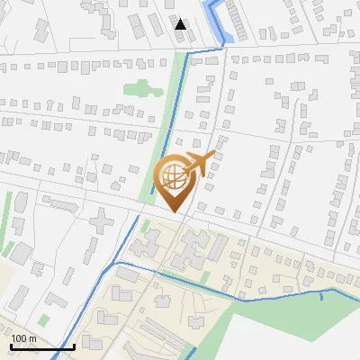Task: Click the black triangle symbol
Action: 181,24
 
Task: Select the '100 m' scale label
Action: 23,338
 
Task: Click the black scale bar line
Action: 42,346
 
